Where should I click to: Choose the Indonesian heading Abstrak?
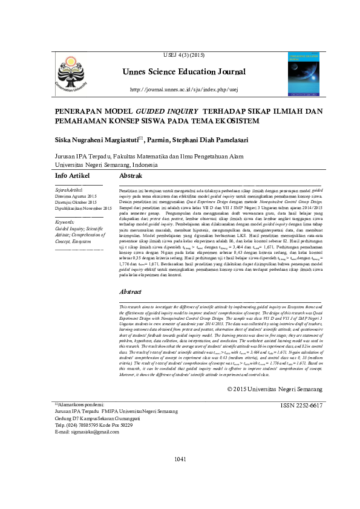[131, 175]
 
